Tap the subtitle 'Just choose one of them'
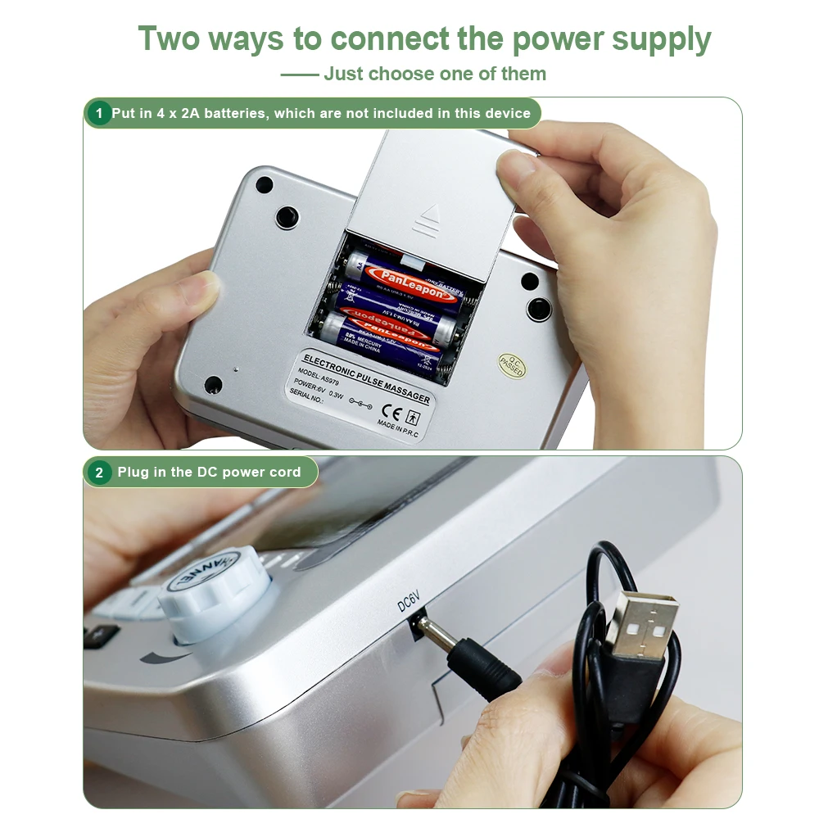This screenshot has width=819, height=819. (x=434, y=74)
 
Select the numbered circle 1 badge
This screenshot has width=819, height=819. (x=99, y=113)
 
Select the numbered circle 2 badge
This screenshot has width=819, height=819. (x=99, y=473)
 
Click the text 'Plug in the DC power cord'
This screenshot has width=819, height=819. (x=209, y=473)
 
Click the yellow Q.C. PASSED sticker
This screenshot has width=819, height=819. (x=512, y=365)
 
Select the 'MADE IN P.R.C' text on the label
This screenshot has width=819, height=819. (x=398, y=428)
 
